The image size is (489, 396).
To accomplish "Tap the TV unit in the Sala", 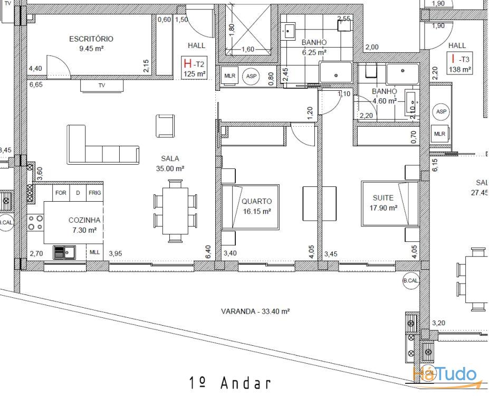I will (x=102, y=85).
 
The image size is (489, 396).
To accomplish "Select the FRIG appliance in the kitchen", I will (x=95, y=193).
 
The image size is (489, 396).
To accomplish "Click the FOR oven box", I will (x=61, y=193).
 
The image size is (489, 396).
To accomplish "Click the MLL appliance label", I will (x=94, y=252).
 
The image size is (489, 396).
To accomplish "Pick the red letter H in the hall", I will (x=187, y=64).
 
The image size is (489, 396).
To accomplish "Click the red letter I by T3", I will (x=453, y=59).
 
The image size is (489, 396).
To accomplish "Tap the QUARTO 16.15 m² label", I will (x=256, y=206).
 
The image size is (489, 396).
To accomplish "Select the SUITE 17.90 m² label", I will (x=383, y=202).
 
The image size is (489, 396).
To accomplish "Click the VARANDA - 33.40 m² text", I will (x=255, y=312).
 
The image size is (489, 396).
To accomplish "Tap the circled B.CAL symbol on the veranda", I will (x=410, y=281).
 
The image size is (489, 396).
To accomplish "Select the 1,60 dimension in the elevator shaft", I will (x=247, y=50).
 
